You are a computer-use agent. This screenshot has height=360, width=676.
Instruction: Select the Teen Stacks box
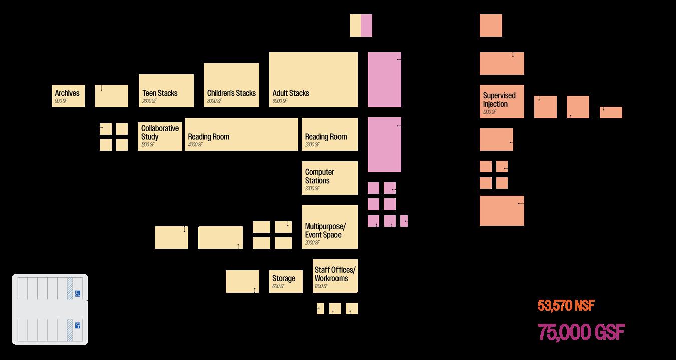tap(166, 91)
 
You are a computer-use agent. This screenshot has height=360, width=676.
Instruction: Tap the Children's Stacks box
tap(231, 85)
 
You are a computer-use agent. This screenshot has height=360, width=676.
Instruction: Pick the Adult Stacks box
tap(313, 79)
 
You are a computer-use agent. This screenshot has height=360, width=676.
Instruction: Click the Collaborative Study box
tap(160, 134)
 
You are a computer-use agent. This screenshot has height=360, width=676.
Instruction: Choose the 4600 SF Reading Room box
tap(241, 134)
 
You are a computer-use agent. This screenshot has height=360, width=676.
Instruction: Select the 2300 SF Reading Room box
tap(329, 134)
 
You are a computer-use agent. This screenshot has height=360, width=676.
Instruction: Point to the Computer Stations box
tap(329, 178)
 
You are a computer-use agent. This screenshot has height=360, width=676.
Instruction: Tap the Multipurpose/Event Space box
tap(329, 227)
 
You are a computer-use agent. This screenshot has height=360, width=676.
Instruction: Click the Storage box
tap(286, 281)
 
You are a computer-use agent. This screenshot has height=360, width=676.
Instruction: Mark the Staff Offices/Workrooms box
tap(335, 276)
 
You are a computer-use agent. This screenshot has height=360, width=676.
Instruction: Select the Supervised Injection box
tap(502, 101)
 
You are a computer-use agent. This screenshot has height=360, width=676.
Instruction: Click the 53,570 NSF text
tap(566, 306)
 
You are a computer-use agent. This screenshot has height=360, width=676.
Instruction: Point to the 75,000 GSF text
tap(581, 332)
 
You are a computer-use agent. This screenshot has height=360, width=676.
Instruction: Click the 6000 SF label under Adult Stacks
tap(280, 101)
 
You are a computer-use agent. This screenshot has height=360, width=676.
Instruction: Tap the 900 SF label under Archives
tap(61, 101)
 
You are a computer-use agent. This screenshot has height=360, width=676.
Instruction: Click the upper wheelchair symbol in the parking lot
tap(78, 294)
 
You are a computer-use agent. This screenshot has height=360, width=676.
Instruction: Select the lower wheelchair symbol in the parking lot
tap(78, 325)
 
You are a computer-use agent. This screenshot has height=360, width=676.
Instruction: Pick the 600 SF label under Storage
tap(279, 286)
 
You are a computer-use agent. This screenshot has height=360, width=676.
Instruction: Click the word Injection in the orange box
tap(495, 104)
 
